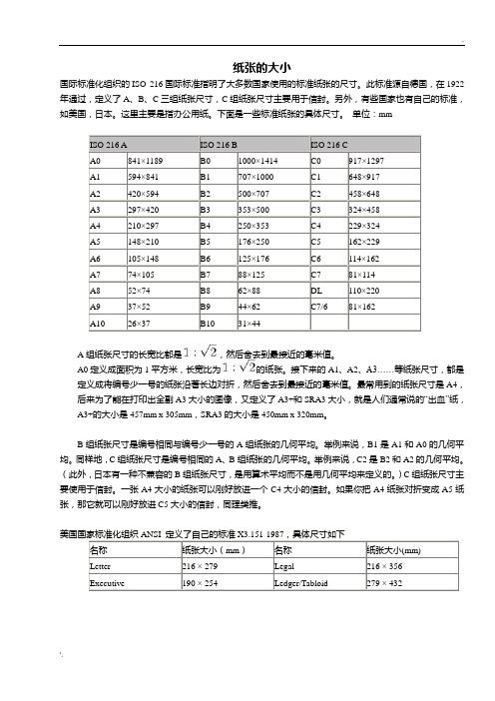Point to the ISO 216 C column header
(x=333, y=146)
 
